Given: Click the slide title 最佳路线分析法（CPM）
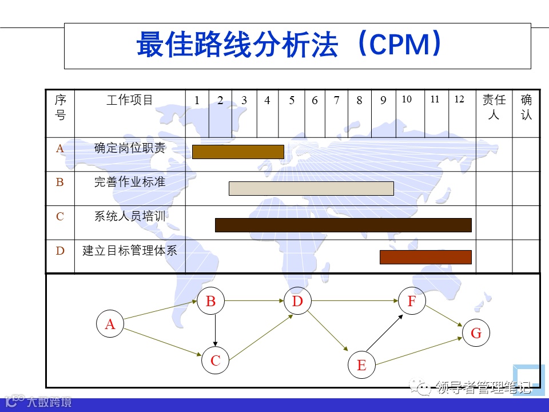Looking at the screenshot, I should tap(289, 45).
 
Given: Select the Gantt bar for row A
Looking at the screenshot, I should tap(238, 152).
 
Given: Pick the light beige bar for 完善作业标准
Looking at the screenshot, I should tap(311, 188).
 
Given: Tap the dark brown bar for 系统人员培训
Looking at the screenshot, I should tap(343, 225).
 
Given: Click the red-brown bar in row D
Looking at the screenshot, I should tap(425, 257).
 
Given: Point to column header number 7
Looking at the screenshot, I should tap(337, 101).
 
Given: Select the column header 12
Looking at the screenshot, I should tap(459, 100).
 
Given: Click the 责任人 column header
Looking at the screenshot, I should tap(494, 107).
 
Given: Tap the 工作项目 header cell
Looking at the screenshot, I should tap(130, 101).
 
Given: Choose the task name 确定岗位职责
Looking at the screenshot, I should tap(130, 148).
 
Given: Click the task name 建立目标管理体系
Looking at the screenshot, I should tap(130, 251).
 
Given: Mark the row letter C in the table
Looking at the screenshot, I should tap(60, 217).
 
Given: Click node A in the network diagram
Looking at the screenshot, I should tap(110, 324).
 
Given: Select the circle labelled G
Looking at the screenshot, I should tap(476, 333).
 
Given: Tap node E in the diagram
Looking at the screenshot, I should tap(361, 365).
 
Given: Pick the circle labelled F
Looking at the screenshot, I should tap(412, 301).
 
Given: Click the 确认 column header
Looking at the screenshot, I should tap(526, 107).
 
